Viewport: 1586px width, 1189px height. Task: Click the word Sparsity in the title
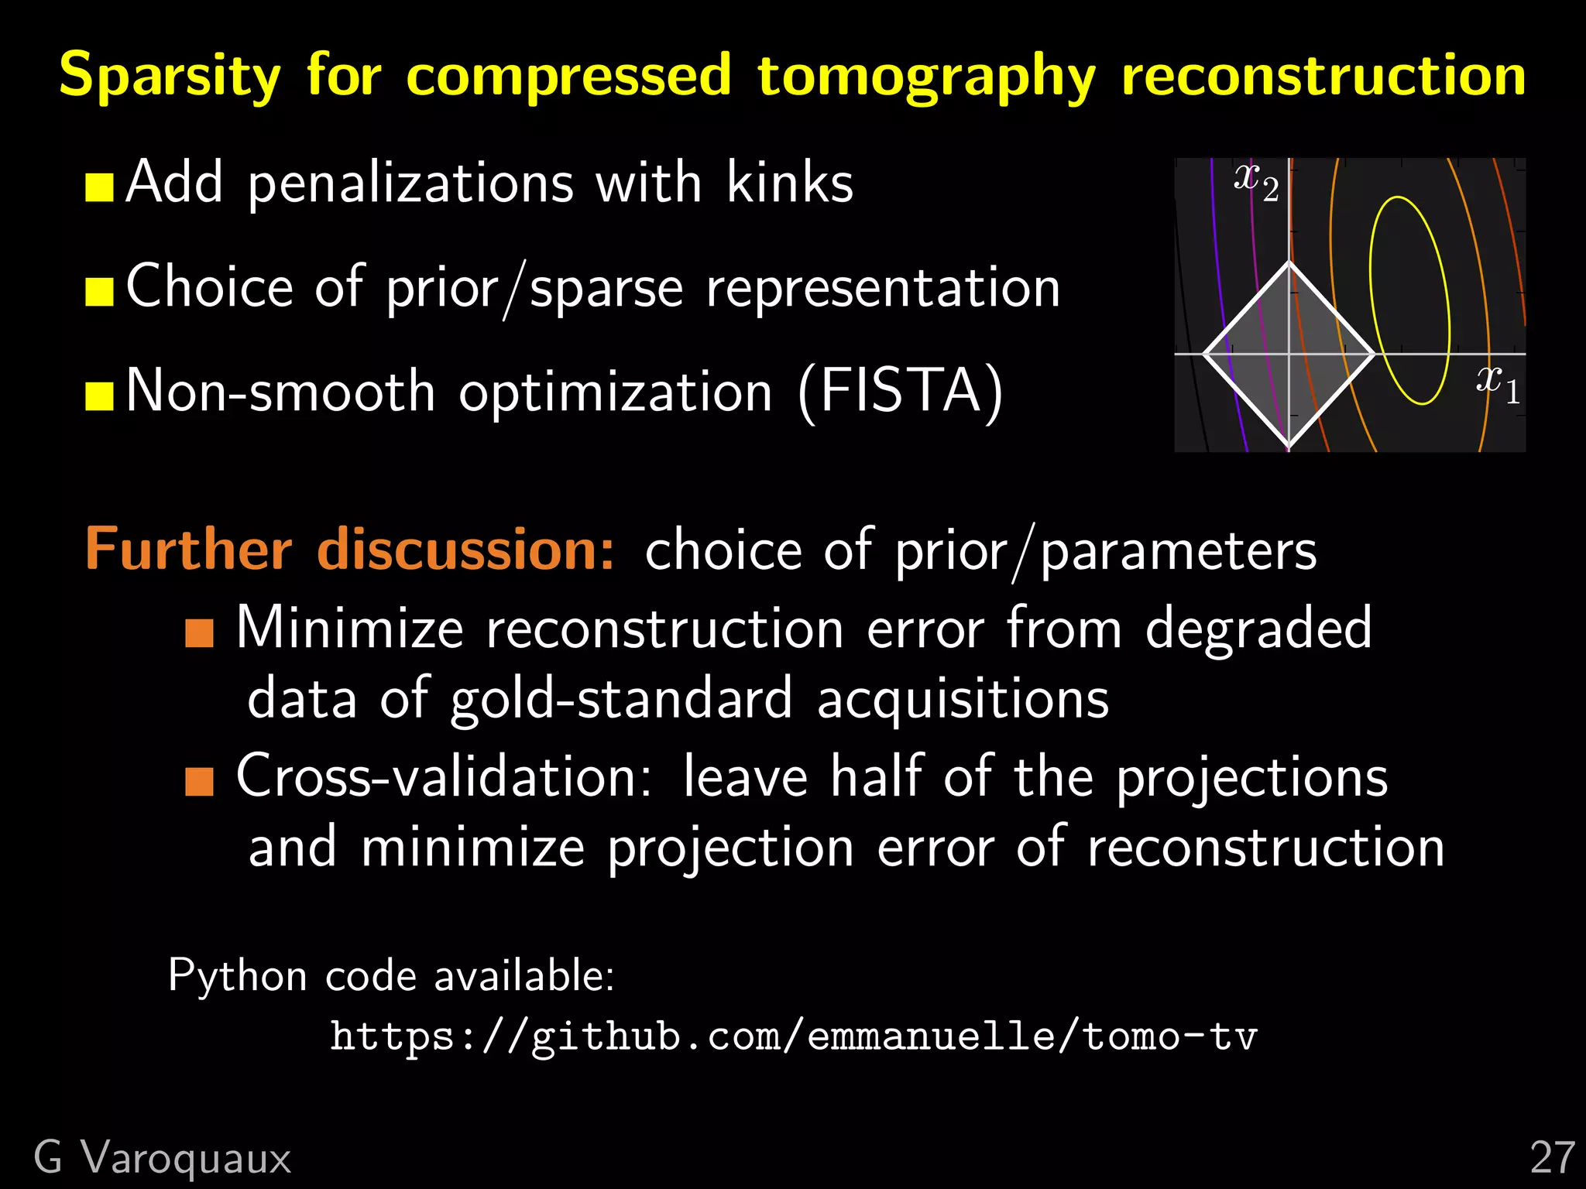pos(169,76)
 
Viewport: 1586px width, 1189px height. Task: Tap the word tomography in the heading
pos(926,76)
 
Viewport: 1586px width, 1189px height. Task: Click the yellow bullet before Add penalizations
pos(99,187)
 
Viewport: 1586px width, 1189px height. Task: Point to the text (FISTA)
pos(901,392)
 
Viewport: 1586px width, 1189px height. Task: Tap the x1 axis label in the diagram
pos(1497,384)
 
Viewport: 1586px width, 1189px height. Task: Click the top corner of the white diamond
pos(1289,263)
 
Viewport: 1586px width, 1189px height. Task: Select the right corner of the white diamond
pos(1374,355)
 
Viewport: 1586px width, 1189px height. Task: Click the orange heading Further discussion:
pos(349,550)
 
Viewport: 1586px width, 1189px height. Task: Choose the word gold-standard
pos(622,698)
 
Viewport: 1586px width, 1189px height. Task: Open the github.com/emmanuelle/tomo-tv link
pos(793,1037)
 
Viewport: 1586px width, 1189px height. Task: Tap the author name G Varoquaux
pos(163,1158)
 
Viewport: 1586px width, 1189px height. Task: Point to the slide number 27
pos(1552,1158)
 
